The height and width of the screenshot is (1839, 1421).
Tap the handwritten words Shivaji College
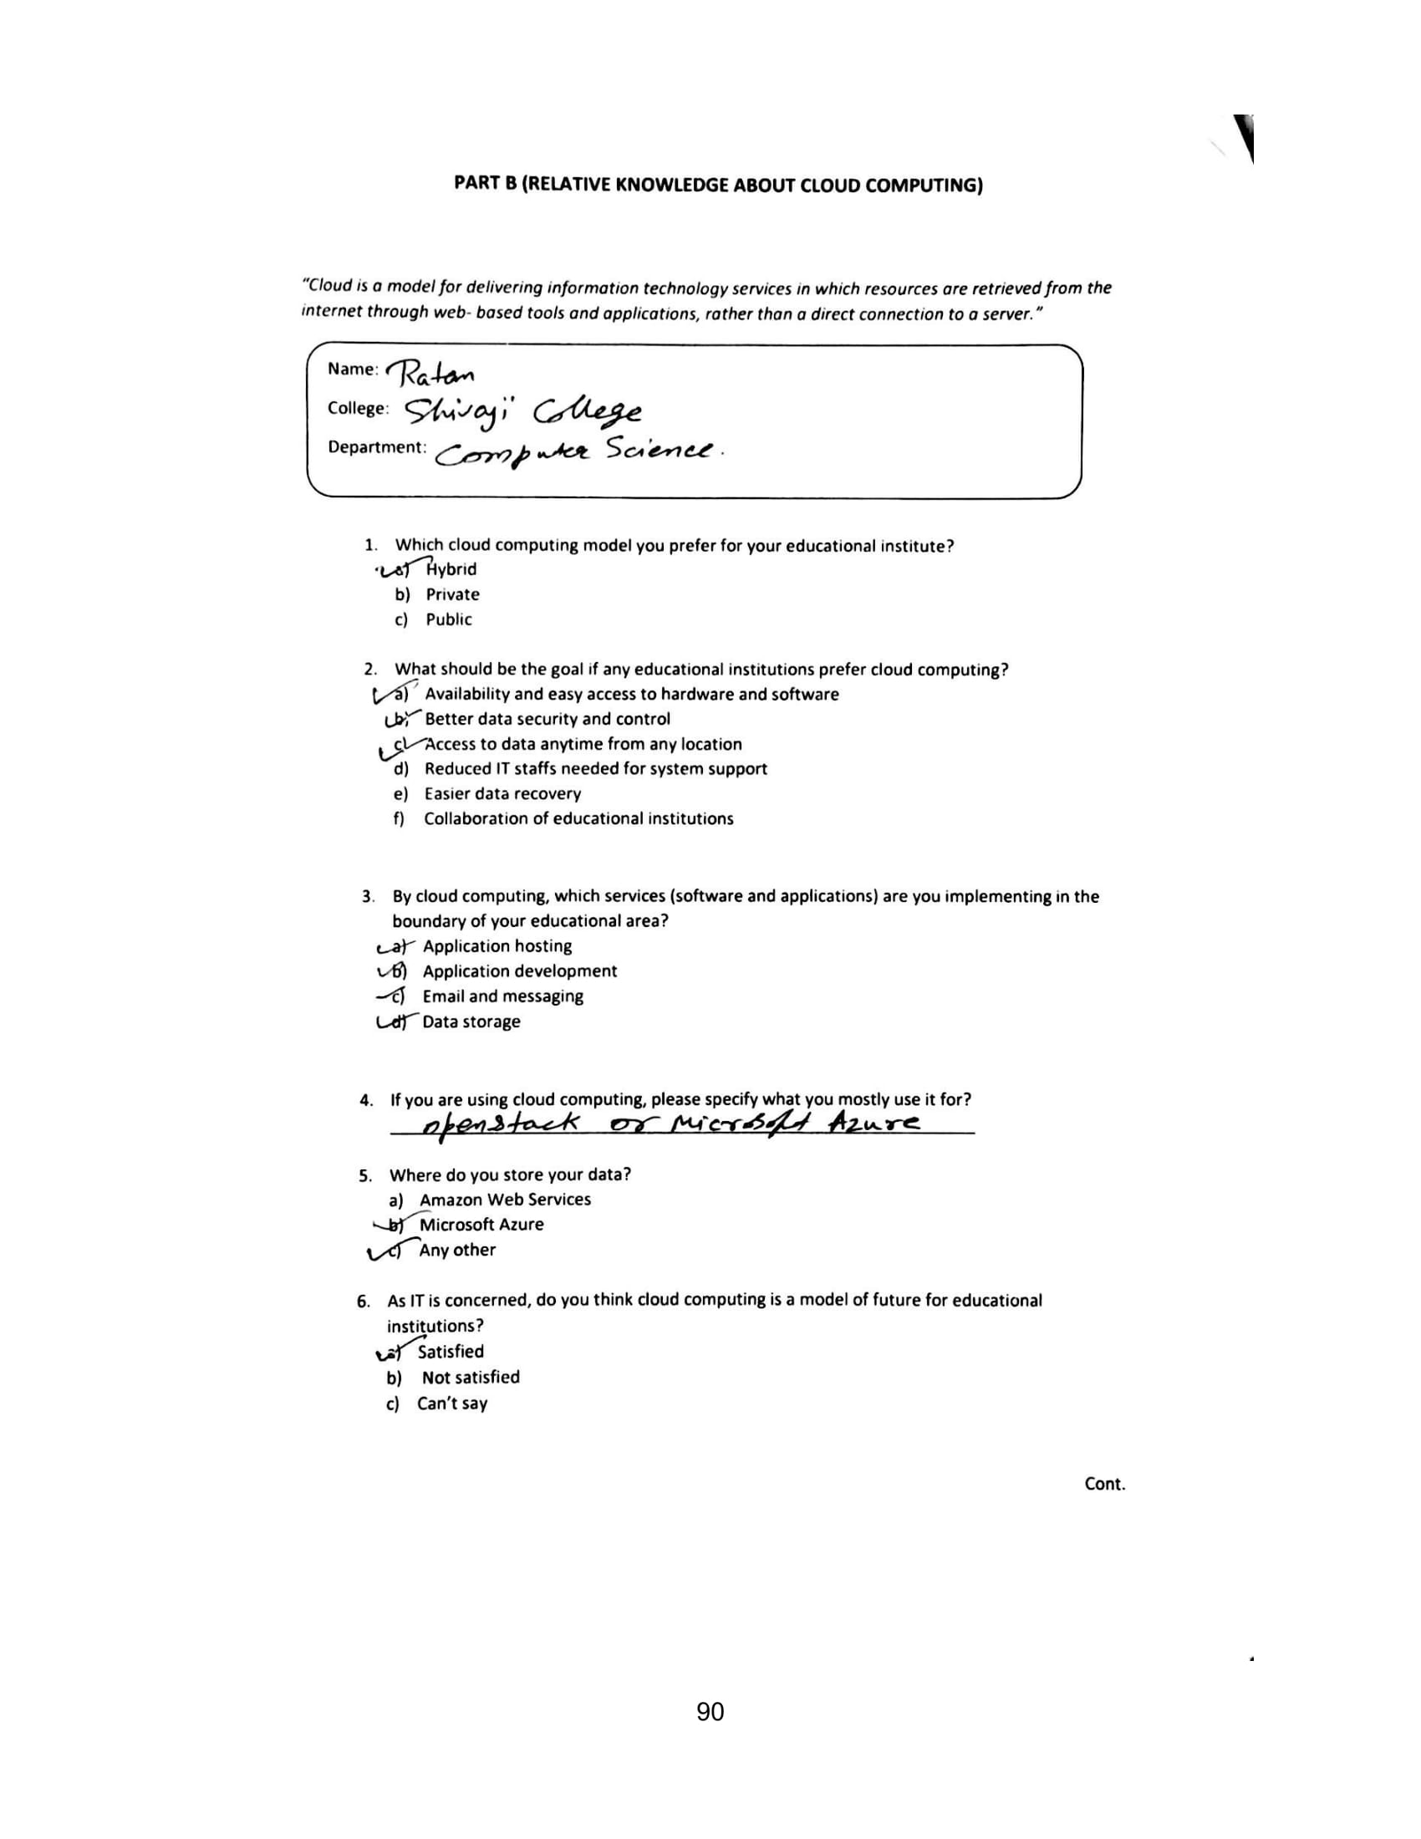click(522, 412)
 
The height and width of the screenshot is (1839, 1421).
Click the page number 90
click(710, 1712)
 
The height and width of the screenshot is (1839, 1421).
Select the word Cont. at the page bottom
click(1104, 1484)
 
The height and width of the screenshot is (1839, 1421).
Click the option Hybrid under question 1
click(451, 569)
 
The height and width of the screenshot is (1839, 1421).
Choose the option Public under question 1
click(449, 619)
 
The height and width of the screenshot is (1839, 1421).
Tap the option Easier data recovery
click(502, 794)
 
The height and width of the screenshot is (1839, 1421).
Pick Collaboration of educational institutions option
click(578, 819)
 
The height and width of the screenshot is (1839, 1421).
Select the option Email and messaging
click(502, 997)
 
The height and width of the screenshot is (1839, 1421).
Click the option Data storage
click(471, 1022)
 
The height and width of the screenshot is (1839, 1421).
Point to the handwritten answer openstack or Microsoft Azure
click(670, 1123)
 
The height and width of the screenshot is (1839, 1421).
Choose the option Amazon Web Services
click(505, 1200)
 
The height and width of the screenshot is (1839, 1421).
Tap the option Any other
click(457, 1251)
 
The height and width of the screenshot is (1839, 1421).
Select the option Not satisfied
click(471, 1378)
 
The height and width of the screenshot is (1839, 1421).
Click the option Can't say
click(452, 1403)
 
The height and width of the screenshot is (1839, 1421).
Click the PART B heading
click(718, 185)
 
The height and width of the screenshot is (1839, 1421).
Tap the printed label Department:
click(377, 447)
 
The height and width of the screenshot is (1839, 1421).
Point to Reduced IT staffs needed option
click(595, 769)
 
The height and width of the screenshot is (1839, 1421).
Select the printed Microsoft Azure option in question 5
click(481, 1225)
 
